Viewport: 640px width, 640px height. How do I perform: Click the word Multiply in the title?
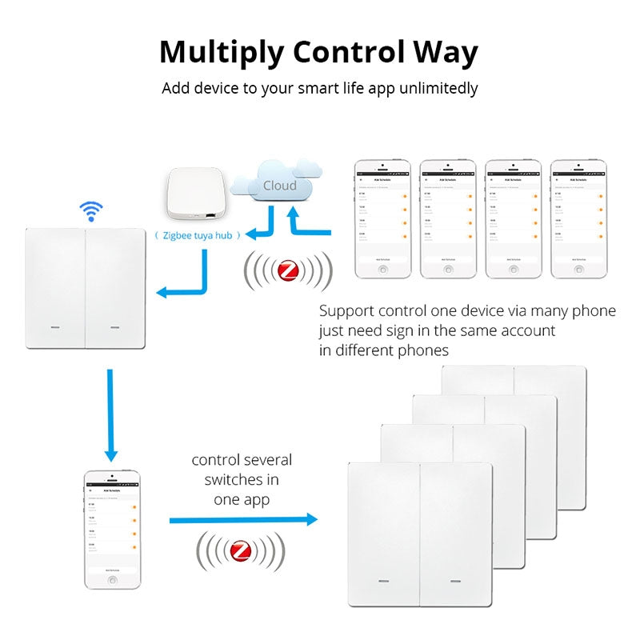pos(222,53)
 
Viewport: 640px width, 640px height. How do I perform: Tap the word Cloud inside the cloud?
pos(279,186)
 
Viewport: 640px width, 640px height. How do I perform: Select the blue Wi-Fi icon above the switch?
pos(90,211)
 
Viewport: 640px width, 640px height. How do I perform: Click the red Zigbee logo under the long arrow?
pos(241,551)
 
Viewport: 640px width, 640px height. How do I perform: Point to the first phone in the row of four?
pos(382,219)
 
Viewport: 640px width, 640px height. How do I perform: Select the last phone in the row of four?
pos(578,219)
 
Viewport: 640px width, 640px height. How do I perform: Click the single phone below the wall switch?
pos(113,531)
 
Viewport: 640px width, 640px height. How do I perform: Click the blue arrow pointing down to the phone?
pos(110,416)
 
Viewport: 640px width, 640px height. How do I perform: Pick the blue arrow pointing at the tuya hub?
pos(260,228)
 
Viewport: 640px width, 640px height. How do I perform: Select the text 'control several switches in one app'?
pos(242,479)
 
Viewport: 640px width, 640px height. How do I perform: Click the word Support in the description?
pos(345,311)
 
